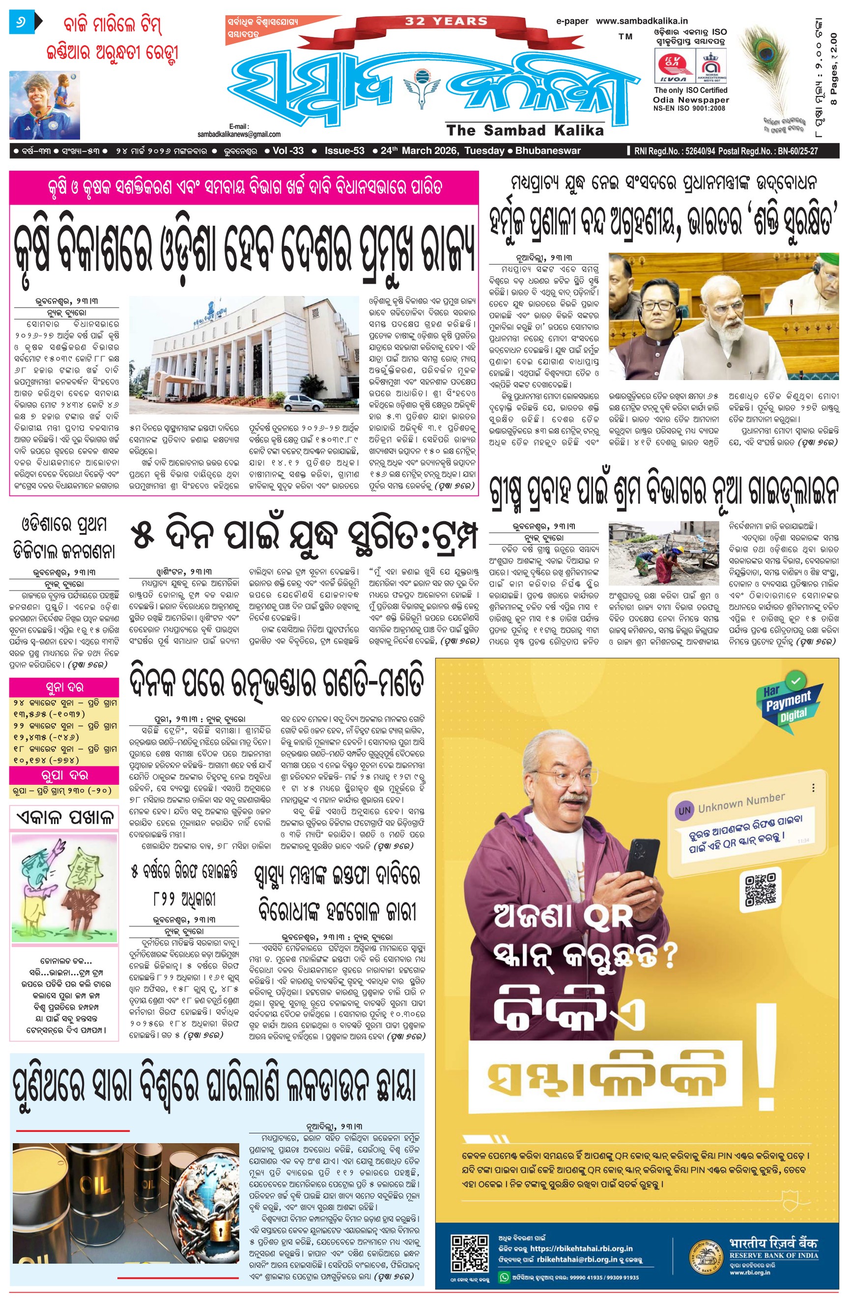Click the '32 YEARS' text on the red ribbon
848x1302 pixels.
pyautogui.click(x=446, y=21)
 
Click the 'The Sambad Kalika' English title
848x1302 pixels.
pyautogui.click(x=525, y=130)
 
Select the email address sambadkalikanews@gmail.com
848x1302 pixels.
pyautogui.click(x=239, y=134)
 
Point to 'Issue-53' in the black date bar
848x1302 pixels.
pyautogui.click(x=344, y=151)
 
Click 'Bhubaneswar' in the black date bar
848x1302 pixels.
pyautogui.click(x=548, y=151)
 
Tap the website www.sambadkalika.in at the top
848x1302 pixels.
pyautogui.click(x=641, y=21)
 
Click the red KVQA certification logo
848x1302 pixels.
pyautogui.click(x=674, y=66)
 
